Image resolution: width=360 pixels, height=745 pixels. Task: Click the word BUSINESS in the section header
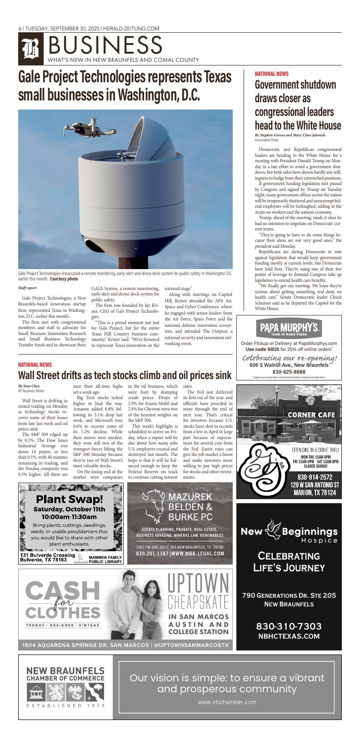click(104, 45)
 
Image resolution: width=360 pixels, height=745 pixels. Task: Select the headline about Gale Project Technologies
click(125, 86)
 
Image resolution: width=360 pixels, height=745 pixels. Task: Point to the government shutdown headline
click(298, 105)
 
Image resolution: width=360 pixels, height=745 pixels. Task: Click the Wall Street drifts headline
click(125, 375)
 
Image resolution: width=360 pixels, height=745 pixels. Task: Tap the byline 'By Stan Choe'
click(29, 386)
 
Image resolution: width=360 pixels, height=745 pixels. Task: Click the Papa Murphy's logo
click(290, 328)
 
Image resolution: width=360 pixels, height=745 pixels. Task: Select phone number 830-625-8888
click(289, 371)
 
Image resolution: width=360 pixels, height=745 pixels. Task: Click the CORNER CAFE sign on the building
click(311, 415)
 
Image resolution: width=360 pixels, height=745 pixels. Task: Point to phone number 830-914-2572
click(315, 477)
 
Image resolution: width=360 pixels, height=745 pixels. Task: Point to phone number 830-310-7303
click(289, 626)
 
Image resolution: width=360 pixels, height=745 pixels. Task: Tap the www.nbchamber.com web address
click(227, 702)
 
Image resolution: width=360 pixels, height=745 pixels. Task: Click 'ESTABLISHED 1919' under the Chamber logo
click(65, 706)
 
